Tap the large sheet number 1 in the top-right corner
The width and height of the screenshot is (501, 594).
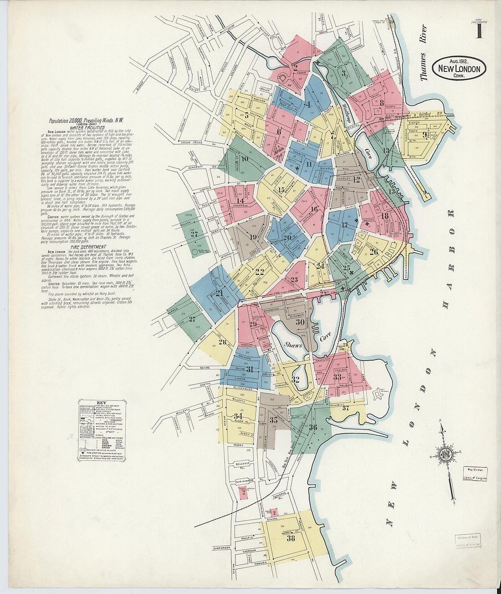click(x=479, y=31)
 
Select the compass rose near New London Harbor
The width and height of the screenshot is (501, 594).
click(x=446, y=454)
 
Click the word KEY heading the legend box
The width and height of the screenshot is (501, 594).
click(x=102, y=403)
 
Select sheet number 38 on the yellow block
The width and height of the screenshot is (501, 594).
click(x=291, y=538)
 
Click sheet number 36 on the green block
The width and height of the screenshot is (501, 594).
click(x=312, y=427)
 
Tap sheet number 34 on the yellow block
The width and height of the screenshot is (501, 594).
click(x=237, y=416)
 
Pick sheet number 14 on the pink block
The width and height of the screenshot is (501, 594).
click(x=240, y=201)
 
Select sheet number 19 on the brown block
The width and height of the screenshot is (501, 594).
click(x=253, y=236)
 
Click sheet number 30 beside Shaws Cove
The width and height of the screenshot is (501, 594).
click(x=300, y=322)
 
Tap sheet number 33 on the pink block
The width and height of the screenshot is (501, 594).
click(x=337, y=377)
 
